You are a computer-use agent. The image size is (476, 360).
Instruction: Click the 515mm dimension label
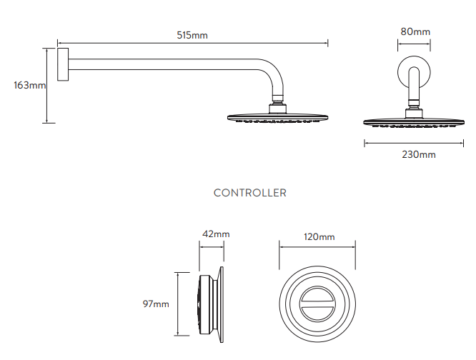[193, 34]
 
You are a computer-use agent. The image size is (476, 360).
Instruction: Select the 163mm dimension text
[29, 86]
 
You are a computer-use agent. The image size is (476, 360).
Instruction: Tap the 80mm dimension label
[415, 31]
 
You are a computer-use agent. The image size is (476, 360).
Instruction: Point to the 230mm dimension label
[418, 154]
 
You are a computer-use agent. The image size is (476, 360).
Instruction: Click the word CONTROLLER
[250, 193]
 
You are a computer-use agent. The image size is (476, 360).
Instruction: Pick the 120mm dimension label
[319, 236]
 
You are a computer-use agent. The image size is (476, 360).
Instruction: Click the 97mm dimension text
[156, 304]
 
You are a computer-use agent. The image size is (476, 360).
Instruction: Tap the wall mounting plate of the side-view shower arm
[61, 65]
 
